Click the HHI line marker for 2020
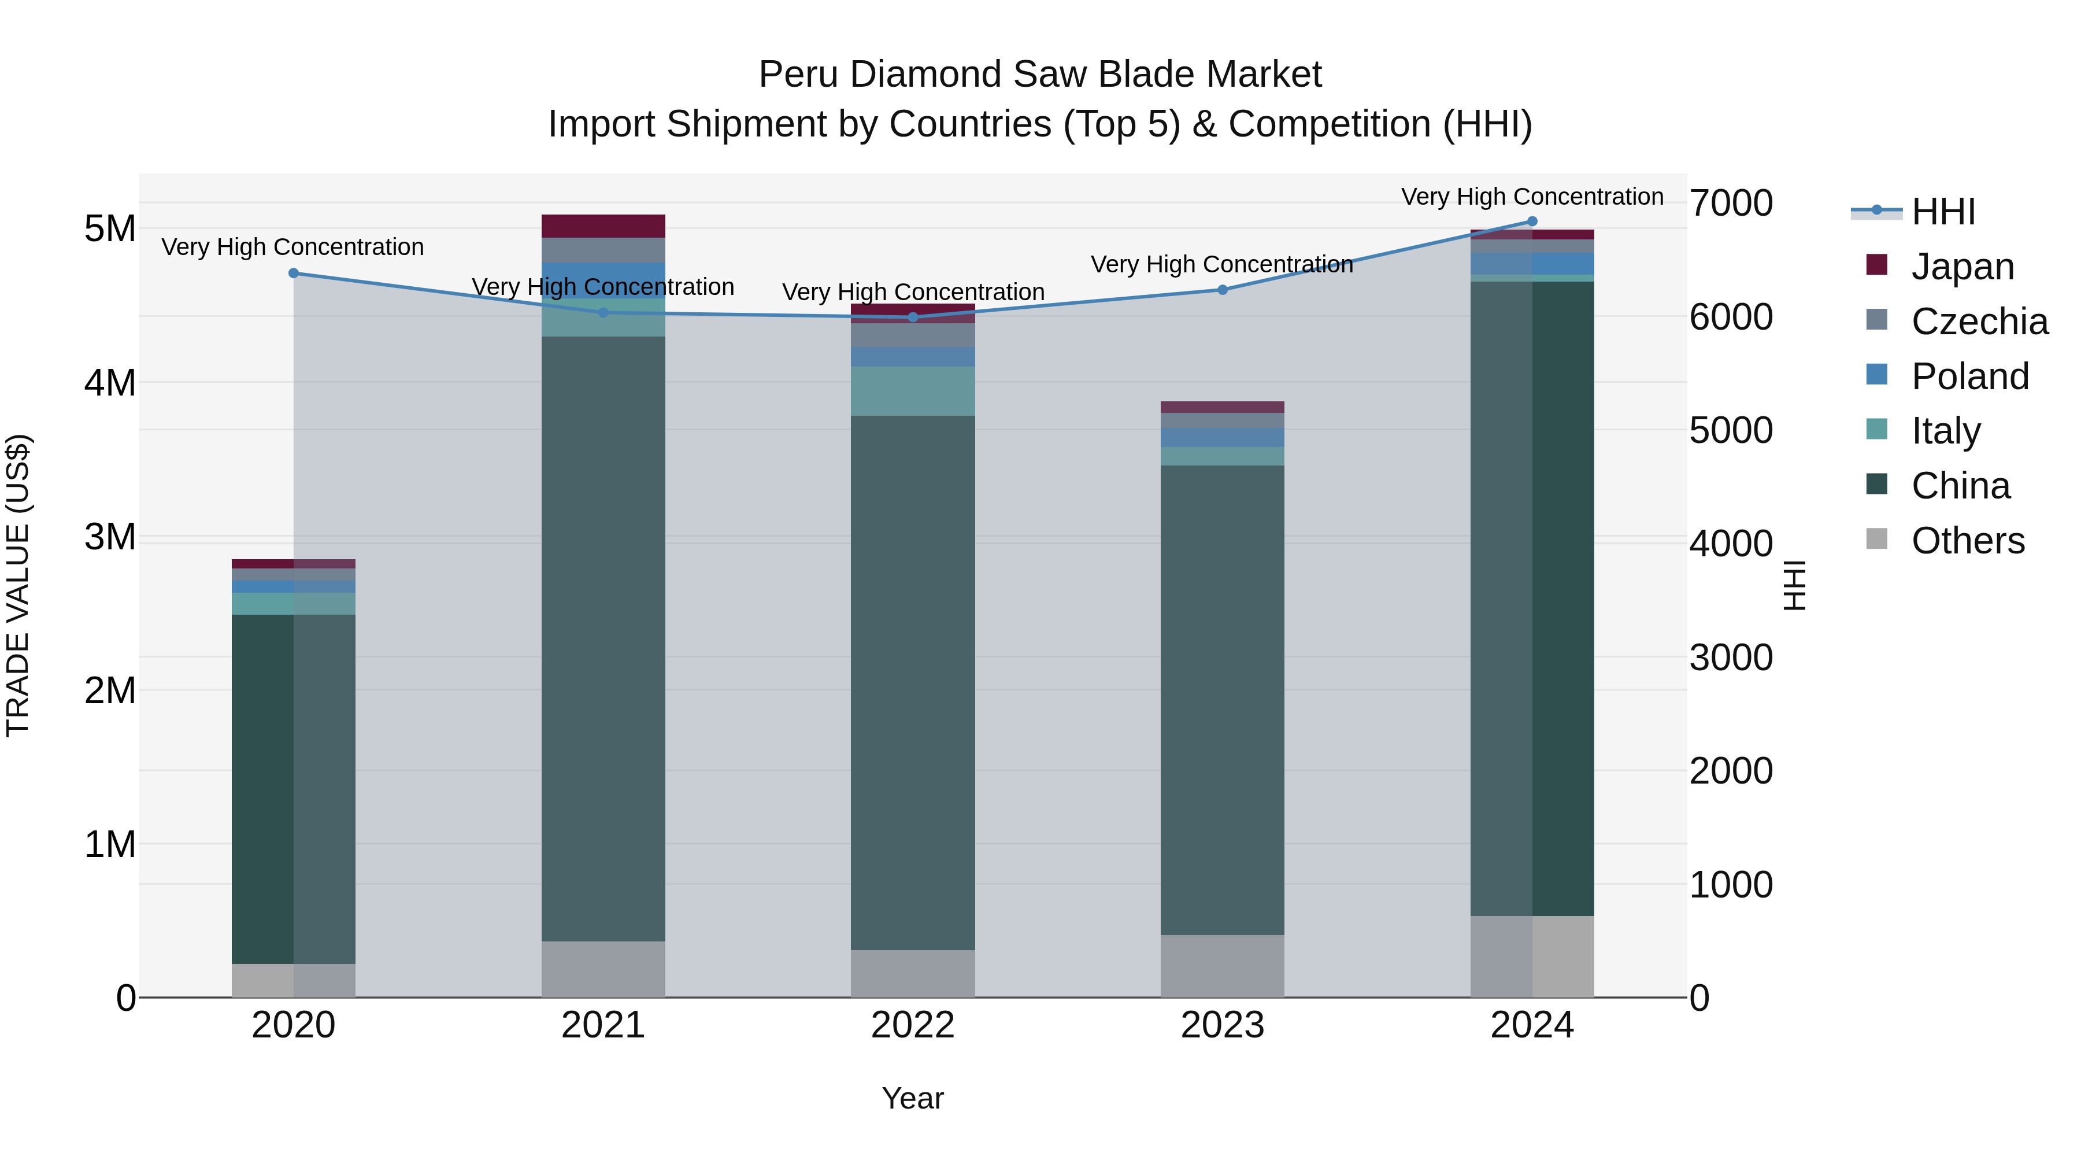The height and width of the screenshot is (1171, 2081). (x=293, y=273)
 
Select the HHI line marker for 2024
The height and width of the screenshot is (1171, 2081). (x=1532, y=221)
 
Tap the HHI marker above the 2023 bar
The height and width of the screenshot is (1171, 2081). (x=1222, y=289)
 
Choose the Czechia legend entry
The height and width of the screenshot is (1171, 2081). (x=1979, y=322)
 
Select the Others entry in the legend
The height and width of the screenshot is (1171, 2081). (x=1967, y=541)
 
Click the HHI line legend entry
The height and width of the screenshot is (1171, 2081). (x=1943, y=212)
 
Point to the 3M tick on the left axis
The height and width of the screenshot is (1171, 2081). (x=110, y=537)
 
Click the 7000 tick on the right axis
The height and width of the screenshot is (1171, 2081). (x=1730, y=203)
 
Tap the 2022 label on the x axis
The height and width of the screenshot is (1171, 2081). (x=913, y=1025)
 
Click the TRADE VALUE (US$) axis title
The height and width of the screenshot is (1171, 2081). (x=18, y=585)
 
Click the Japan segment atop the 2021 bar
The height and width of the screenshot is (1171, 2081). (x=603, y=226)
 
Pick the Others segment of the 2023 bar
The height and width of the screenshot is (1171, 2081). (x=1222, y=966)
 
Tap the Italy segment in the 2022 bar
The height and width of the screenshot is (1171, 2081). (x=913, y=391)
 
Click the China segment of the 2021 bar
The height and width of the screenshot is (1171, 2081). (x=603, y=638)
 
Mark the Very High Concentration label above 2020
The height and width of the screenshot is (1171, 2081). (x=292, y=248)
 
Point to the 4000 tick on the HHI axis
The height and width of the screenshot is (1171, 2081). (x=1730, y=544)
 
